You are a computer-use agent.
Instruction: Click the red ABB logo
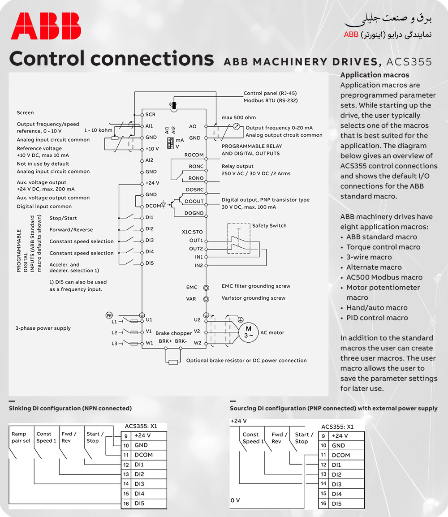(46, 26)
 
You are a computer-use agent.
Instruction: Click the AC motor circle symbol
(248, 332)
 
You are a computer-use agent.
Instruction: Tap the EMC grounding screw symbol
(206, 288)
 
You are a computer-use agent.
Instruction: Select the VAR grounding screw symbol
(206, 299)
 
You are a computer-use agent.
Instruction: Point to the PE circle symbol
(109, 315)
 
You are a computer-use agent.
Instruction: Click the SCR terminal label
(151, 114)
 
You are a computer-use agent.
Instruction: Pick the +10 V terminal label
(152, 149)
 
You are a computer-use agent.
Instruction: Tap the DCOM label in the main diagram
(153, 206)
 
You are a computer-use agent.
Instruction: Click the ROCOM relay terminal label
(194, 155)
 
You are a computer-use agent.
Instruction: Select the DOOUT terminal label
(194, 202)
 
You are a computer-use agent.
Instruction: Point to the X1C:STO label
(192, 232)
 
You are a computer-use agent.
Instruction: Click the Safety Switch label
(269, 225)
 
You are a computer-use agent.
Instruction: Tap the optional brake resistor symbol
(173, 362)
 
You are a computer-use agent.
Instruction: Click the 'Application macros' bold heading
(375, 75)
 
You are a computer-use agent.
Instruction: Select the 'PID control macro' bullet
(377, 318)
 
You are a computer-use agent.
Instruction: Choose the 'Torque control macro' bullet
(383, 247)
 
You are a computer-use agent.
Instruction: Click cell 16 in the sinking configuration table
(126, 504)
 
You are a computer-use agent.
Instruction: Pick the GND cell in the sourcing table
(338, 445)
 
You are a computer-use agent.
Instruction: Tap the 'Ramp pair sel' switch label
(21, 437)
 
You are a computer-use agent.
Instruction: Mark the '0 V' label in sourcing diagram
(235, 500)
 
